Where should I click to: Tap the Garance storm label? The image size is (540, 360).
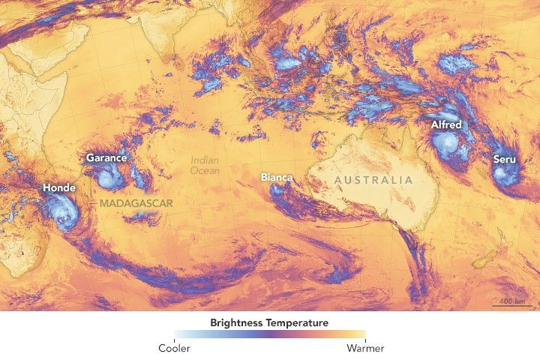pyautogui.click(x=106, y=157)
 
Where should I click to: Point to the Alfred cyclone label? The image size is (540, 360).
pyautogui.click(x=445, y=124)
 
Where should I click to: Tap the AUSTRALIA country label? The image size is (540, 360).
pyautogui.click(x=373, y=180)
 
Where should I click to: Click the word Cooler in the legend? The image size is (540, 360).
pyautogui.click(x=174, y=348)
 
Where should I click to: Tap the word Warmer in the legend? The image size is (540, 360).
pyautogui.click(x=365, y=348)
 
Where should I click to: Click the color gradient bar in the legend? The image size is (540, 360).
pyautogui.click(x=270, y=335)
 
